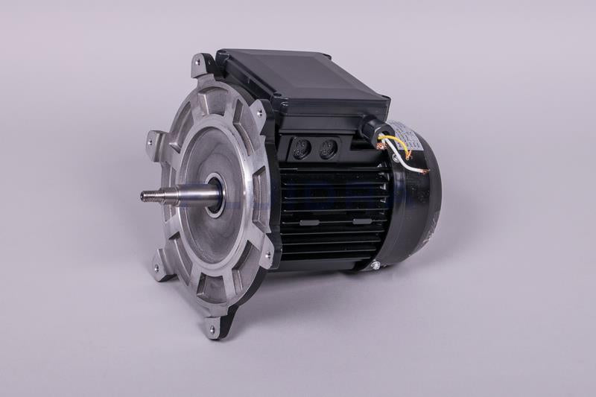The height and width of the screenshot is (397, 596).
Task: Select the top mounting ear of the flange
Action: coord(200,66)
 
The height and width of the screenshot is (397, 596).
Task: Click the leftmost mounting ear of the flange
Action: coord(154,140)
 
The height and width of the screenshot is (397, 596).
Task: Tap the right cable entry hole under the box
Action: coord(329,150)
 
